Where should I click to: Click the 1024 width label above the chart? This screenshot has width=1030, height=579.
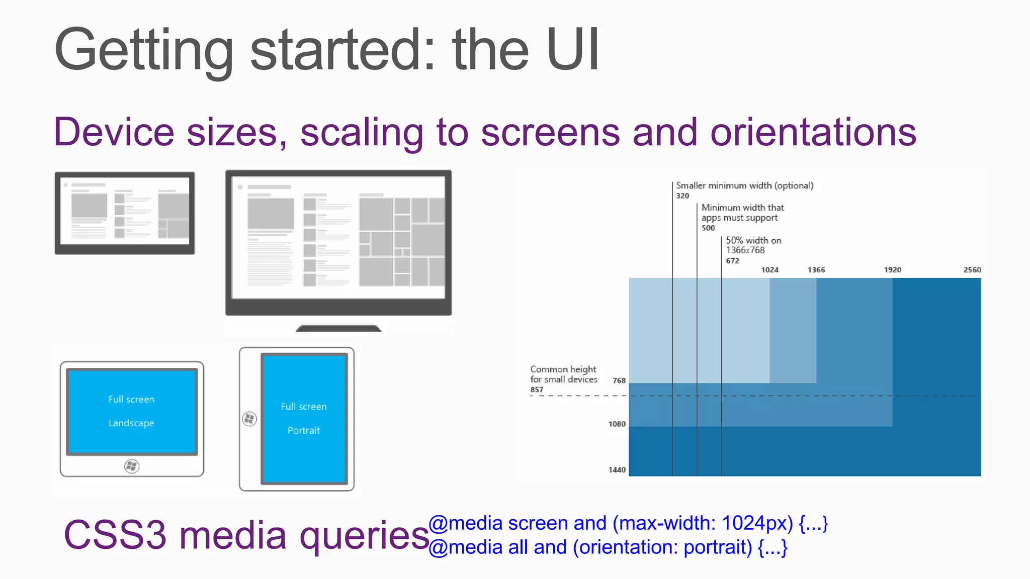(769, 270)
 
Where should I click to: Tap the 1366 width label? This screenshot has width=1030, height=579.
(816, 270)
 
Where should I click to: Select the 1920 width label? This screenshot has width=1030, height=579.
(893, 270)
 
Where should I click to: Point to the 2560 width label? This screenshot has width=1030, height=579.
(972, 270)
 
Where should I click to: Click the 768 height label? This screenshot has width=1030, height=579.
(619, 380)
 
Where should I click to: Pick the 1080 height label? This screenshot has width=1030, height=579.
(617, 424)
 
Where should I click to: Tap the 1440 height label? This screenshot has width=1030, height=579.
(617, 469)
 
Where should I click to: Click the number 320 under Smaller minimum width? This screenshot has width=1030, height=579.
(682, 196)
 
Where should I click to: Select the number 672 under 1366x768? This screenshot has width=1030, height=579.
(732, 261)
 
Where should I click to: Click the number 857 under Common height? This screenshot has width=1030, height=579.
(537, 390)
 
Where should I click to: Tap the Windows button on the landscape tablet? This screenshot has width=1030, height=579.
(132, 466)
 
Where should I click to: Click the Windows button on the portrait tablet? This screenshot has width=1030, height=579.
(249, 419)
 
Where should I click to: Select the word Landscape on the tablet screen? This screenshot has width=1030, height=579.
(131, 423)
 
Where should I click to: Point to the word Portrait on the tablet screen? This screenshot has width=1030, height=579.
(304, 430)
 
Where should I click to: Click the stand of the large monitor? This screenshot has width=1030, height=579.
(338, 328)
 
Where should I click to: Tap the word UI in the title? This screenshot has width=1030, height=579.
(573, 50)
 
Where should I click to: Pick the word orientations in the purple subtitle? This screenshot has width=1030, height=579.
(813, 132)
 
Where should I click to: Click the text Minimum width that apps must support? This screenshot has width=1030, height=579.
(742, 213)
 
